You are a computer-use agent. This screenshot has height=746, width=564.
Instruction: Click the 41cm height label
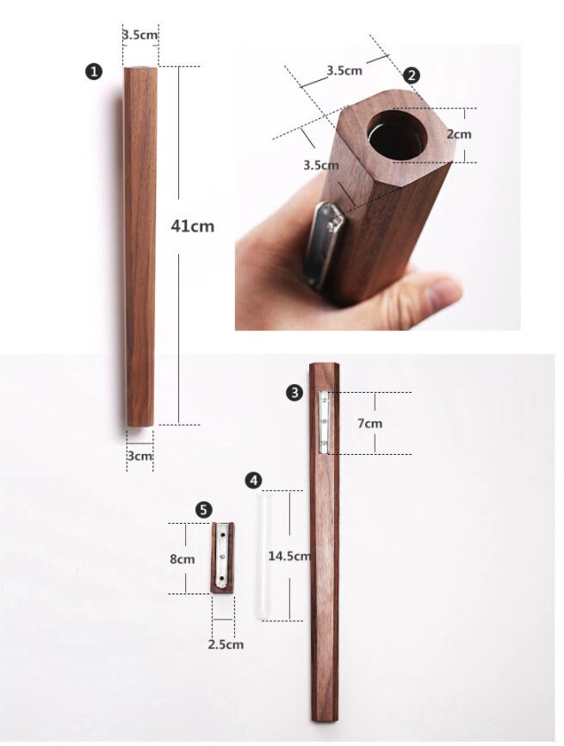(192, 226)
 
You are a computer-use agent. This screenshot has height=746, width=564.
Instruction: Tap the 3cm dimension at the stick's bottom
(139, 456)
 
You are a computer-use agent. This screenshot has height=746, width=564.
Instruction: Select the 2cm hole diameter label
(459, 134)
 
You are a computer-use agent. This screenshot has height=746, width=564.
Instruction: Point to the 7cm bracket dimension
(369, 423)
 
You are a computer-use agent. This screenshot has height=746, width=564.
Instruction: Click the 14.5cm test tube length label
(289, 556)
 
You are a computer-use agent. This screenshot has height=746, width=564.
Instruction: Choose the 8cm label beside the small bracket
(183, 558)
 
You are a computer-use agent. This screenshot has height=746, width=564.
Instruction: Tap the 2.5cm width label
(226, 644)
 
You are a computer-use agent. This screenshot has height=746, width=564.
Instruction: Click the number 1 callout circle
(94, 72)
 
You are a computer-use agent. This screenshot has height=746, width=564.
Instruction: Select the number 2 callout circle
(412, 75)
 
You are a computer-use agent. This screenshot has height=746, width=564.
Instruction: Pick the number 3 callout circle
(294, 393)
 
